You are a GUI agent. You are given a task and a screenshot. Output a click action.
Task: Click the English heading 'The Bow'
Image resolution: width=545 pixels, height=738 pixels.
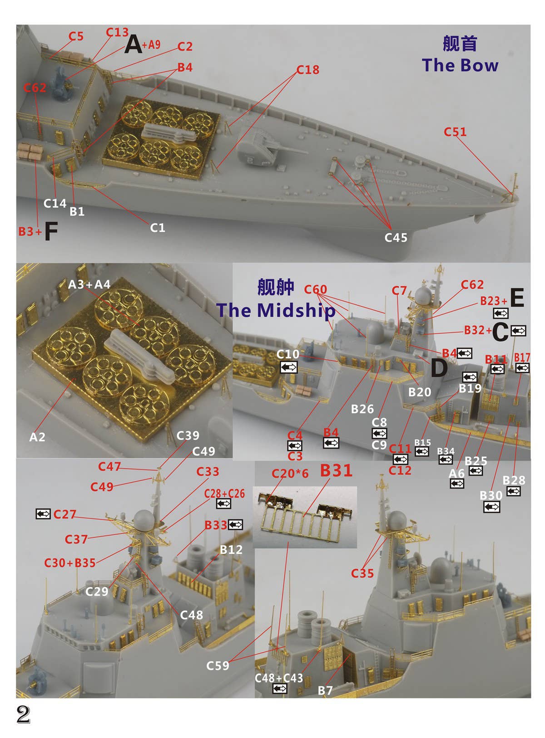click(460, 65)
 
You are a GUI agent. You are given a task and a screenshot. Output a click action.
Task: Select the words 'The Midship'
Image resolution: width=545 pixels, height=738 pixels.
click(276, 310)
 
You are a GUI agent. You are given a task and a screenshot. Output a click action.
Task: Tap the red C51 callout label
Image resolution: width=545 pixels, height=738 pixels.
click(455, 132)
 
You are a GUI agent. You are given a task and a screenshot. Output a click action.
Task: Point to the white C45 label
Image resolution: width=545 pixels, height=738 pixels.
click(396, 238)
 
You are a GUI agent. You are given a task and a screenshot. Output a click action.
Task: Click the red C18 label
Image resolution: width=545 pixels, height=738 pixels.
click(308, 69)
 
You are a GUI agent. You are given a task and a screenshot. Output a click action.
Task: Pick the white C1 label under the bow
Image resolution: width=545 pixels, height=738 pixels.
click(157, 228)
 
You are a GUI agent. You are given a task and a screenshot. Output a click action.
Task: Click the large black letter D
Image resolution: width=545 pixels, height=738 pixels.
click(440, 367)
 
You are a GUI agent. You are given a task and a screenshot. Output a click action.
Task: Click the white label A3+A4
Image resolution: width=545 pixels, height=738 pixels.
click(89, 284)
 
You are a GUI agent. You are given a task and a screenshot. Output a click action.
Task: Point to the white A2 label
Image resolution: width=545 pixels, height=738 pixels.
click(37, 437)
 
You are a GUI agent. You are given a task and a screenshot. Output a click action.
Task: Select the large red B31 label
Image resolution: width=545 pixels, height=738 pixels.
click(336, 470)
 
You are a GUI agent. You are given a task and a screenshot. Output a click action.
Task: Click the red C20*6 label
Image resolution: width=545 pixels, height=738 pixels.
click(290, 474)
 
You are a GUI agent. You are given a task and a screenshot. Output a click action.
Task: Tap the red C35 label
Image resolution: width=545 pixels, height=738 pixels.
click(362, 573)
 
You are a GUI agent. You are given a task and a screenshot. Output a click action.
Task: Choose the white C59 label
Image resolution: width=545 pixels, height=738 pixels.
click(218, 665)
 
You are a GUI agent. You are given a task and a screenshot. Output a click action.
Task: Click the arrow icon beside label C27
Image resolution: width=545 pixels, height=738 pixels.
click(43, 513)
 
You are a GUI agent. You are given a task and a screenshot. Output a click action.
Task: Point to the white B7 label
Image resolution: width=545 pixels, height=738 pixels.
click(325, 690)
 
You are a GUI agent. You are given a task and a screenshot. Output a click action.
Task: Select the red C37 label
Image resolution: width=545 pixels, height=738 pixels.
click(76, 539)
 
